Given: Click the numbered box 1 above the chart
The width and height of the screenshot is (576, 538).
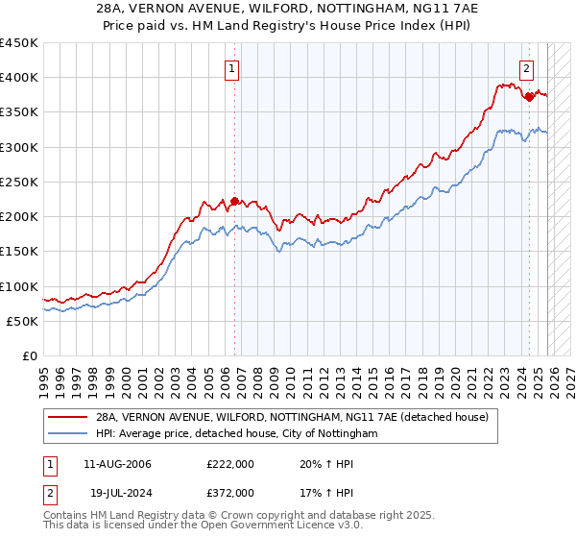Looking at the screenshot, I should tap(233, 68).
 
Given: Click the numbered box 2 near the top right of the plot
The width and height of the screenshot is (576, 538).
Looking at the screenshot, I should tap(527, 68).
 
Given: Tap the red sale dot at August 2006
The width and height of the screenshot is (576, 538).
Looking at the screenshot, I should tap(234, 202).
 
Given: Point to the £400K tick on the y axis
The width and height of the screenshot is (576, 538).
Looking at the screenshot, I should tap(21, 78).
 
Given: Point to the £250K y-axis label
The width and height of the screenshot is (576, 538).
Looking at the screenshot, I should tap(21, 183).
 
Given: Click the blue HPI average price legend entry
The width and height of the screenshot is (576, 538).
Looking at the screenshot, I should tap(240, 434).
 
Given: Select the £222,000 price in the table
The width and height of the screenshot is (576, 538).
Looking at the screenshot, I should tap(230, 464).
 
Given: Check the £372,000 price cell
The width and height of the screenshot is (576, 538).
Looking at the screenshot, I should tap(230, 492).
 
